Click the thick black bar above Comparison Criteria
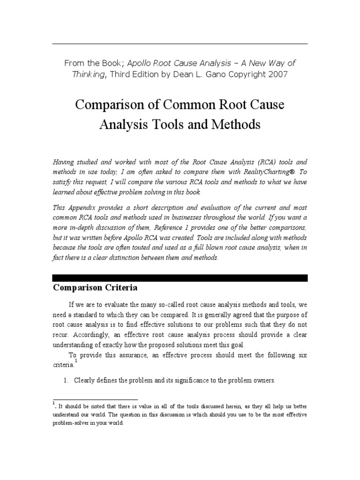[x=180, y=278]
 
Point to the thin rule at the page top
[x=180, y=44]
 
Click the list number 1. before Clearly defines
[x=66, y=381]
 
